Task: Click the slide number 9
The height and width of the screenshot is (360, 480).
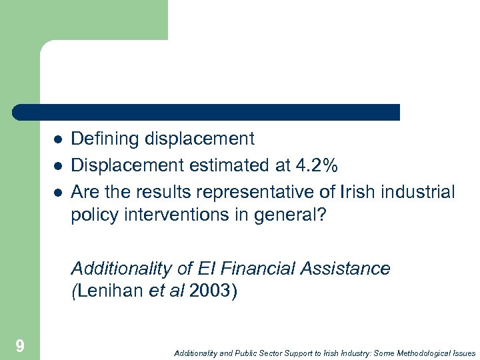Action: pos(20,345)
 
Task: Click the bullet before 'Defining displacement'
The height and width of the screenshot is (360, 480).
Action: pos(58,139)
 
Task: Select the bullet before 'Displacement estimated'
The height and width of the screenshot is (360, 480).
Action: pos(58,166)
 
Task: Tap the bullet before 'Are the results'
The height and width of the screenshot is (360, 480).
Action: pos(58,193)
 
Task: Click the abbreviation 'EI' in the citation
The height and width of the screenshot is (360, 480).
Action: pos(205,269)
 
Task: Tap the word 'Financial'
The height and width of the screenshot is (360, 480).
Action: pos(256,269)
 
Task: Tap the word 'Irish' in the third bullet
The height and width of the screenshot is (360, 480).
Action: pos(355,193)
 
